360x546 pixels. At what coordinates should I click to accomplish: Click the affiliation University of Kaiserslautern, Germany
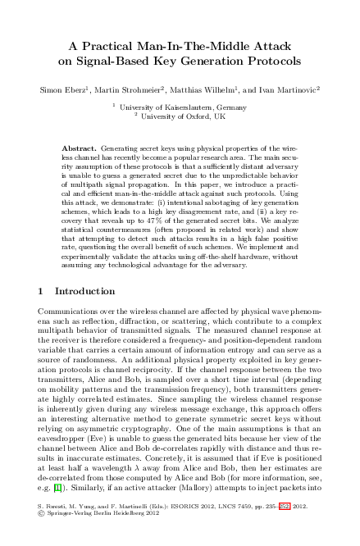pos(182,107)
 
